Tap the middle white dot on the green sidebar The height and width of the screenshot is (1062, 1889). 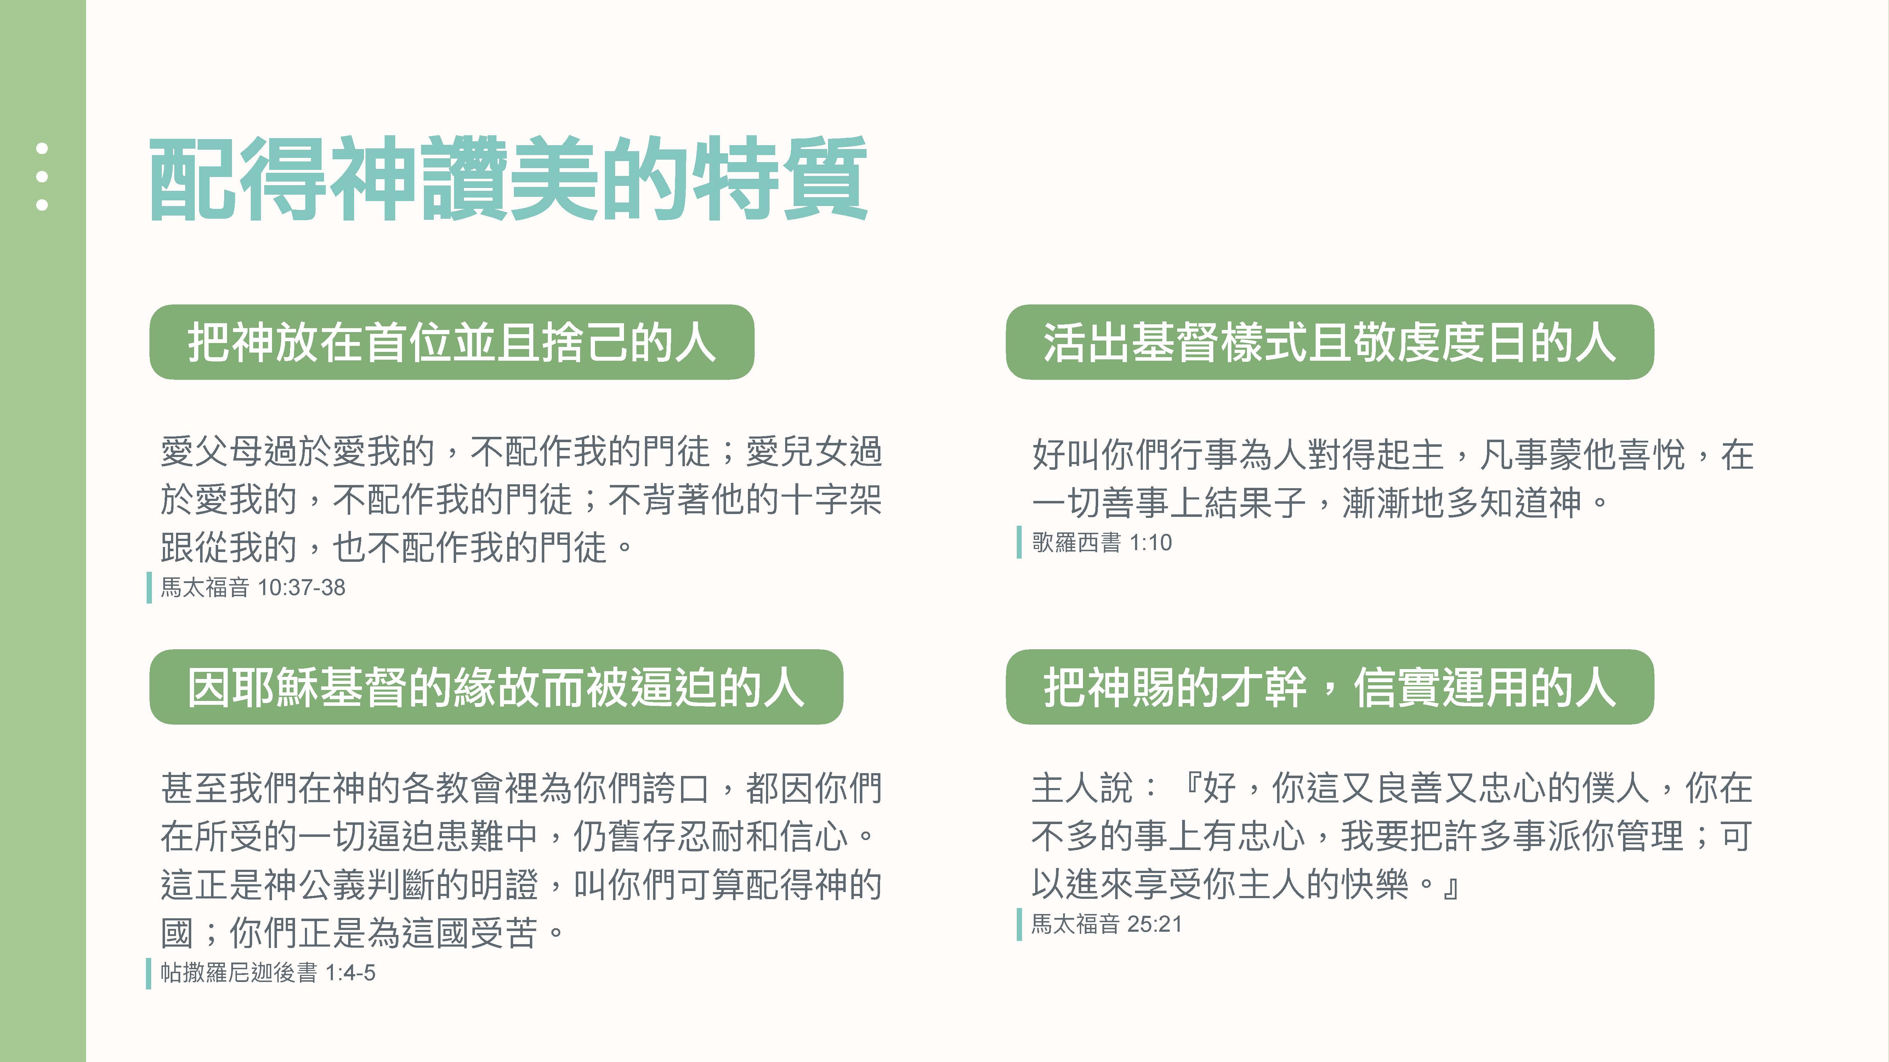point(42,177)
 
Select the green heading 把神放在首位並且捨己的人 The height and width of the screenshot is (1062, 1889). point(452,342)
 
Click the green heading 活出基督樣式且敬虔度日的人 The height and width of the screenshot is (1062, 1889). point(1329,342)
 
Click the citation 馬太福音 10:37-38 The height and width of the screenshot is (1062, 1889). point(253,587)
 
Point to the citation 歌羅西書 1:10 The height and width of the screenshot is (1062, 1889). point(1101,542)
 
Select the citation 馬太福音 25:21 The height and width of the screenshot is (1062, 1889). point(1107,924)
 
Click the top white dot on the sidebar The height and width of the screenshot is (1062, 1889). point(42,148)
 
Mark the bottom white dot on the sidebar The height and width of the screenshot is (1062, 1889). point(42,205)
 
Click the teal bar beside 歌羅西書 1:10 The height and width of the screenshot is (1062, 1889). point(1019,542)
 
